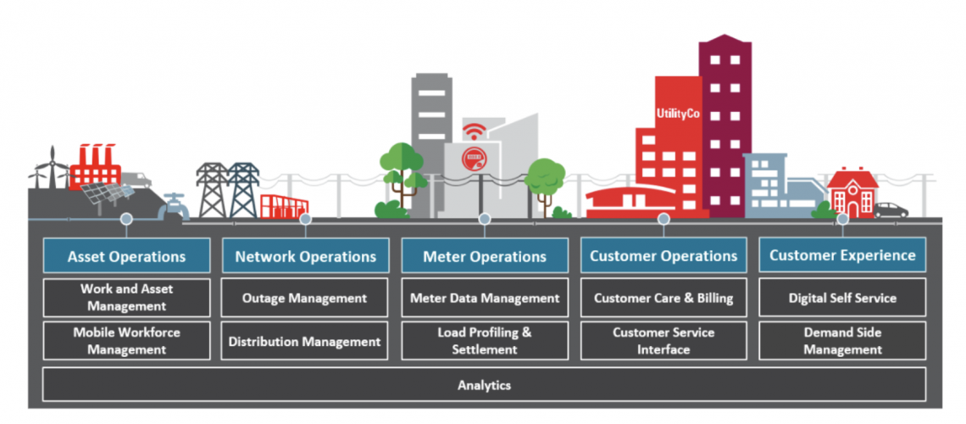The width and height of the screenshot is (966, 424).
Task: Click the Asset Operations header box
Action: tap(126, 256)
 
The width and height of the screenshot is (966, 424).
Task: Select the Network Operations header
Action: tap(305, 256)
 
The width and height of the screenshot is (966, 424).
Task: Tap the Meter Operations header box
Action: tap(485, 256)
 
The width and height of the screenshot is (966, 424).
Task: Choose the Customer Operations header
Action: tap(663, 255)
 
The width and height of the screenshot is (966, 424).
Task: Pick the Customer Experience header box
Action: tap(842, 254)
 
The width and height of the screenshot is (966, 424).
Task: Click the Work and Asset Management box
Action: tap(126, 298)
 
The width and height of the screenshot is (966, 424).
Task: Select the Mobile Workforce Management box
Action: tap(126, 341)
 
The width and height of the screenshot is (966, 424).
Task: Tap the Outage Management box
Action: tap(305, 298)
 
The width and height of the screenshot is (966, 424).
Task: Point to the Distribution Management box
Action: tap(305, 341)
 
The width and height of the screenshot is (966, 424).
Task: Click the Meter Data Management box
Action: tap(485, 298)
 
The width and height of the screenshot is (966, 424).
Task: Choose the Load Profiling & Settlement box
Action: tap(485, 341)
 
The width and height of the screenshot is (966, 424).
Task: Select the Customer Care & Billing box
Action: tap(663, 298)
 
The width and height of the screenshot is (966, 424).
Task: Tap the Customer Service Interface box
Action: tap(663, 341)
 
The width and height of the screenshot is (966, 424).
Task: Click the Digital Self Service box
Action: tap(842, 298)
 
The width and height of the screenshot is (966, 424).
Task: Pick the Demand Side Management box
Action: tap(842, 341)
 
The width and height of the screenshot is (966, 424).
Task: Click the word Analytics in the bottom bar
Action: tap(485, 385)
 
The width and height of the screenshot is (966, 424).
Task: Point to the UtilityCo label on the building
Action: tap(677, 113)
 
